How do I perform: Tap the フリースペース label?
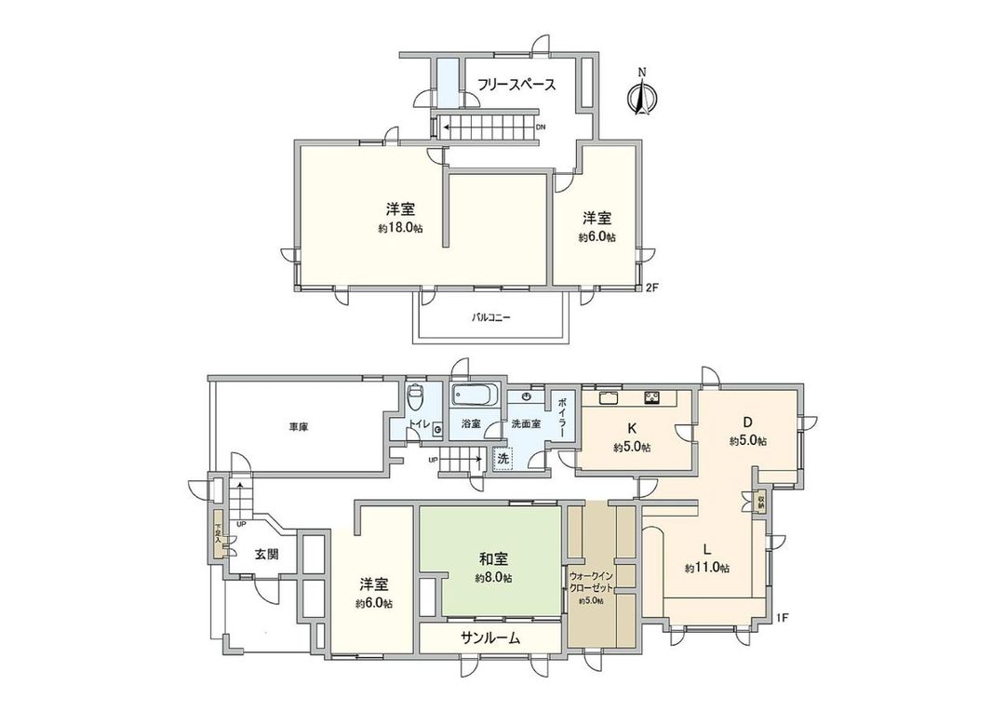click(x=516, y=86)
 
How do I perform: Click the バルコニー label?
click(x=491, y=317)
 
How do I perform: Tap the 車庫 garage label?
click(x=298, y=427)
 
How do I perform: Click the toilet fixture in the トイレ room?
click(x=416, y=396)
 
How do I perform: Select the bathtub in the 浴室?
click(x=476, y=396)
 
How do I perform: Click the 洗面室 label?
click(x=526, y=424)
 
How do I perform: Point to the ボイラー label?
click(x=563, y=417)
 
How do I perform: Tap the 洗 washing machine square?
click(x=502, y=458)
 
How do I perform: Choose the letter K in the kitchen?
click(x=631, y=429)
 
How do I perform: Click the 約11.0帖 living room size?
click(x=706, y=568)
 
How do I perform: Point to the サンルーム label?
click(x=489, y=638)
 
